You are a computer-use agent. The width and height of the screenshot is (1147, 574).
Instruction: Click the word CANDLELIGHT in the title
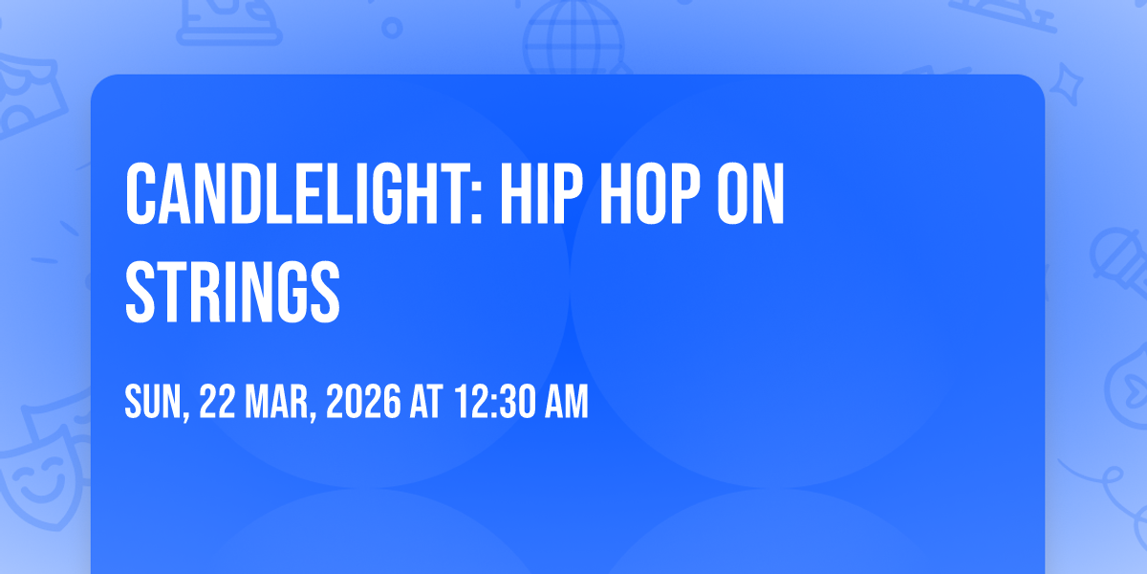[298, 194]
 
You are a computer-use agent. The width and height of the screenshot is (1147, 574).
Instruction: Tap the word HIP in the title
[541, 194]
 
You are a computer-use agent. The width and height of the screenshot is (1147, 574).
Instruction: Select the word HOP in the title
[650, 194]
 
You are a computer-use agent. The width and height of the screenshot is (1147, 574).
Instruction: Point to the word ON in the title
[750, 194]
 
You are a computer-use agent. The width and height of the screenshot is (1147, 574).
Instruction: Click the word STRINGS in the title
[232, 292]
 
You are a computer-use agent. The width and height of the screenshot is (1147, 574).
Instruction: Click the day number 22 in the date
[217, 402]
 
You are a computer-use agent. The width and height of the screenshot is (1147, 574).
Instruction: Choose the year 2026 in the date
[363, 402]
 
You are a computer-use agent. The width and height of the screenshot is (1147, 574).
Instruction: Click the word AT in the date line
[426, 402]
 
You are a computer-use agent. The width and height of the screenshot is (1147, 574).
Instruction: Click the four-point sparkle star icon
[1067, 84]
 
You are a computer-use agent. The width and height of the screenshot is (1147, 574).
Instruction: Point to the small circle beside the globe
[392, 28]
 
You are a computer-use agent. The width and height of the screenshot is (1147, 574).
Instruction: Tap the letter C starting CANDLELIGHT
[141, 194]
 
